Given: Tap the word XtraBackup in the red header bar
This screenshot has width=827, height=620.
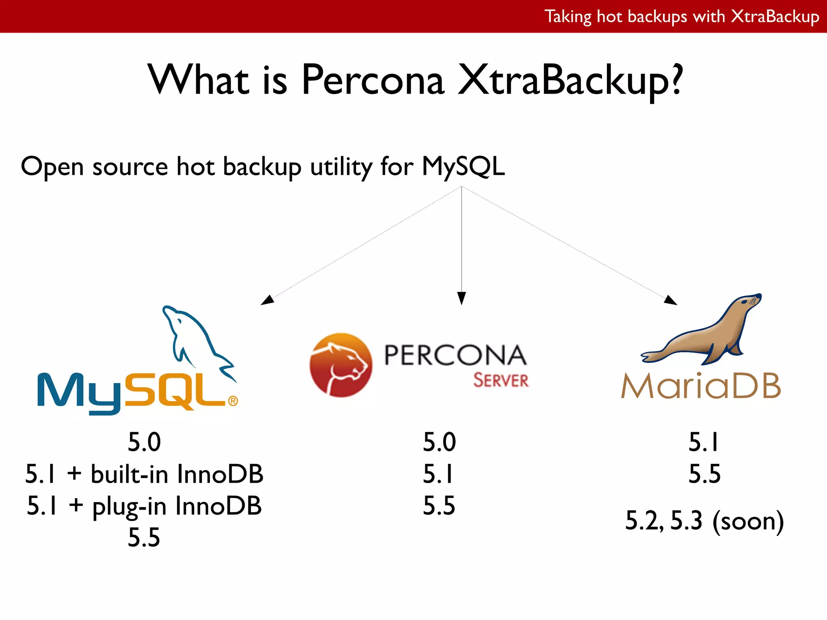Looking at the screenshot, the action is (x=775, y=17).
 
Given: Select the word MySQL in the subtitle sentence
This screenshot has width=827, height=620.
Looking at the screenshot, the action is (x=463, y=166).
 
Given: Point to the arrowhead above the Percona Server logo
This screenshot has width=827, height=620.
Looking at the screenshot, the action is (x=462, y=298).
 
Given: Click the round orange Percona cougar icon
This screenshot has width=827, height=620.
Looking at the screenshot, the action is (x=340, y=365).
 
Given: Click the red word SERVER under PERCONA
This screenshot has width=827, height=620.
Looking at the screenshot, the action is (x=501, y=381).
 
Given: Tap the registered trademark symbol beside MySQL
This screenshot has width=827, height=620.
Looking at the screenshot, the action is (x=233, y=401).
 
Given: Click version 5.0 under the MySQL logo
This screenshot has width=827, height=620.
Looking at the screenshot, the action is (x=144, y=442).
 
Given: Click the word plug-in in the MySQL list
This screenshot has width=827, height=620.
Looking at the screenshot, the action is (x=129, y=506).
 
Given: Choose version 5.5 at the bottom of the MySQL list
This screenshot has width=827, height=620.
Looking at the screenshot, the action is (x=144, y=538).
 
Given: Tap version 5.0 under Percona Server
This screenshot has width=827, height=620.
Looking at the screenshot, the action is (x=439, y=442).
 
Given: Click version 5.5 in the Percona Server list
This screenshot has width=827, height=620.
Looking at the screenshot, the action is (x=439, y=505).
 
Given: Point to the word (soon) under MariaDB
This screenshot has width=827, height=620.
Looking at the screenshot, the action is (x=748, y=521).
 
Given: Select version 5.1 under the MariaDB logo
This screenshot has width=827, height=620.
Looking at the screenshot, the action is (x=704, y=442).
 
